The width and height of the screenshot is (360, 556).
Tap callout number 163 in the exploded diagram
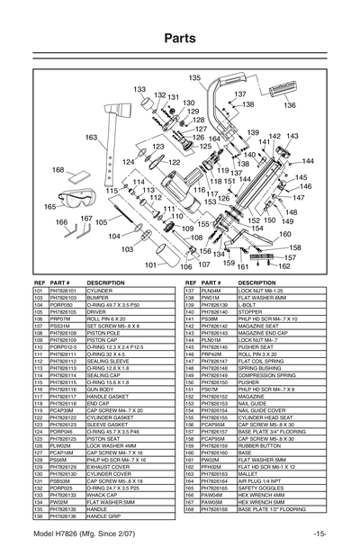coord(91,137)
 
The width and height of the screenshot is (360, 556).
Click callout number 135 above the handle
coord(194,79)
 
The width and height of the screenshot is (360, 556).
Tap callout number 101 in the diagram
coord(150,265)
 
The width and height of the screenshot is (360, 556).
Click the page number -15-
coord(319,534)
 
